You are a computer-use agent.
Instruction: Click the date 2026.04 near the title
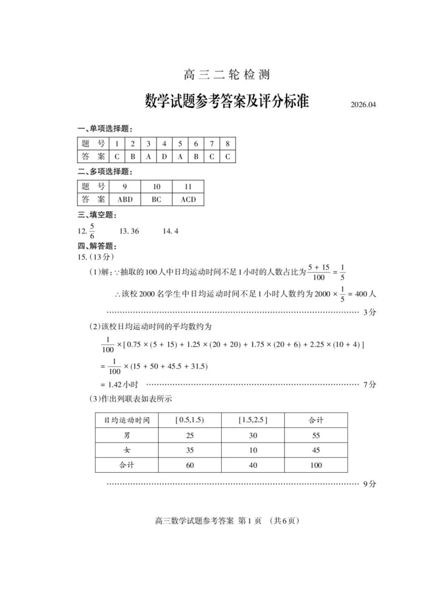pos(363,105)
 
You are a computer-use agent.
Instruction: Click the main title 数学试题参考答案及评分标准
pos(227,101)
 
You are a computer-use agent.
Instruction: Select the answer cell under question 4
pos(164,157)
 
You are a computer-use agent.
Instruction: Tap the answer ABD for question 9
pos(125,199)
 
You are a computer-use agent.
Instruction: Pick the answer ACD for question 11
pos(188,199)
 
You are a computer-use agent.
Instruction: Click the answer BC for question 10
pos(156,199)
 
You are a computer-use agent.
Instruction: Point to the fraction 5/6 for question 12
pos(92,231)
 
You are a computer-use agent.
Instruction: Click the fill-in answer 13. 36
pos(129,231)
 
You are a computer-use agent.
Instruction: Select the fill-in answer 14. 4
pos(170,231)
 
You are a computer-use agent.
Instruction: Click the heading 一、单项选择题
pos(105,129)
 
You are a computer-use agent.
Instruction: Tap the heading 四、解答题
pos(97,246)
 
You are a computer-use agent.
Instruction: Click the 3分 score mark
pos(369,312)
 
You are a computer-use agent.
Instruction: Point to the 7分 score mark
pos(369,384)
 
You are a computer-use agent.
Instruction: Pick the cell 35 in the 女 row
pos(190,450)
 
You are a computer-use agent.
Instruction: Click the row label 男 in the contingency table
pos(127,435)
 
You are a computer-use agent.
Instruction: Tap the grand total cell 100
pos(316,465)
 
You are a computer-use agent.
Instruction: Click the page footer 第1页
pos(250,521)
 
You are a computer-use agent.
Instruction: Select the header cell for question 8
pos(227,144)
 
